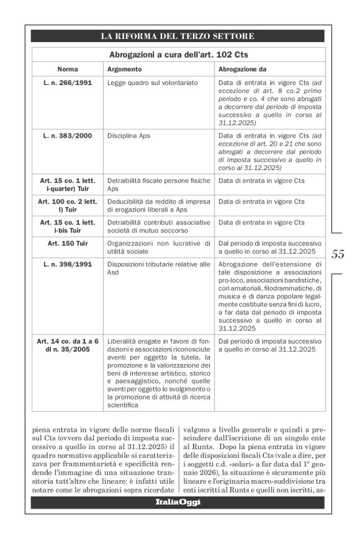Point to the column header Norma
(67, 69)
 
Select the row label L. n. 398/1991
(67, 264)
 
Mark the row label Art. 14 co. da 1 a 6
(67, 341)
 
